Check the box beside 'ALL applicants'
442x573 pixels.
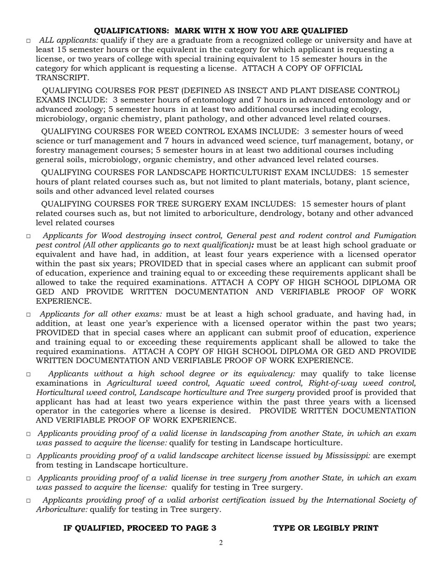click(x=28, y=41)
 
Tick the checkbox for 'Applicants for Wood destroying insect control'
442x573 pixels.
click(x=28, y=236)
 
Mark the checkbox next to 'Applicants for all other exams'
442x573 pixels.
click(x=28, y=315)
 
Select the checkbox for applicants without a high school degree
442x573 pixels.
click(x=28, y=375)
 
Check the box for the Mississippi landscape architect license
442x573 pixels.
click(x=28, y=457)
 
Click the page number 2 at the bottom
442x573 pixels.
click(x=221, y=543)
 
